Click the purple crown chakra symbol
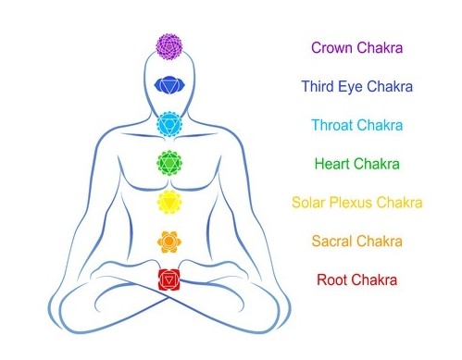tap(169, 46)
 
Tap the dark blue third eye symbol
tap(169, 84)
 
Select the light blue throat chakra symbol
tap(169, 124)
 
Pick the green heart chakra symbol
tap(169, 163)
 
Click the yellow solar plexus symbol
tap(169, 202)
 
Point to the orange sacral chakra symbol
tap(169, 242)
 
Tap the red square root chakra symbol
tap(169, 279)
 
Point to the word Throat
tap(331, 125)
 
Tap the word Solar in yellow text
tap(308, 203)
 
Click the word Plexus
tap(351, 203)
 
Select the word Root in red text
tap(331, 279)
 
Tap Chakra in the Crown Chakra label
tap(380, 48)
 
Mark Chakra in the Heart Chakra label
tap(377, 164)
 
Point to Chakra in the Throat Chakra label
tap(380, 125)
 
